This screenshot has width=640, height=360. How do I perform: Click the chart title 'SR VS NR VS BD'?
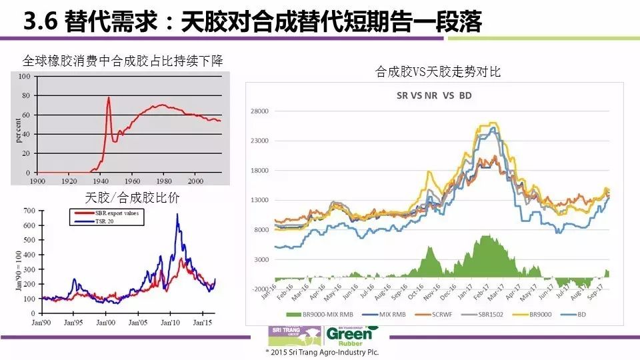click(434, 95)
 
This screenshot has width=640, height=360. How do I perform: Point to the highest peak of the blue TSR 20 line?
click(177, 215)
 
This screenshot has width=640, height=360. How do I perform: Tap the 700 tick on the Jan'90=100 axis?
click(29, 211)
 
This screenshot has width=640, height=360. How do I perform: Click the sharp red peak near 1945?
click(108, 97)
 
